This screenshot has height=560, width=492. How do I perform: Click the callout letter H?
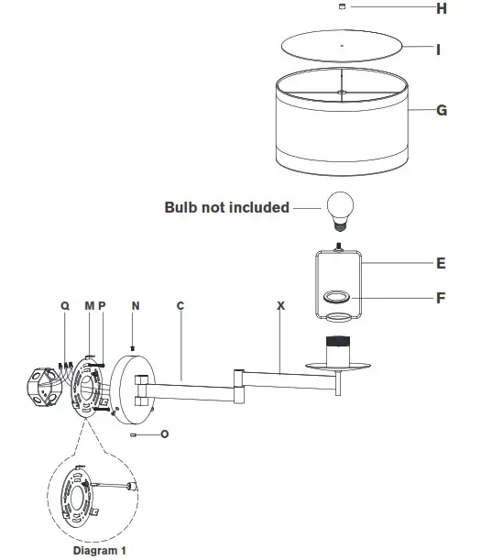pyautogui.click(x=441, y=9)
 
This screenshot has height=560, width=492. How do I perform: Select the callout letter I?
pyautogui.click(x=439, y=49)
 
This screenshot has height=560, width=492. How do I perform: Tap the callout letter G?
pyautogui.click(x=441, y=110)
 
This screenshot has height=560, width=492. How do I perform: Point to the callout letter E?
pyautogui.click(x=441, y=263)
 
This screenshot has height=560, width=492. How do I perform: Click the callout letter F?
pyautogui.click(x=441, y=298)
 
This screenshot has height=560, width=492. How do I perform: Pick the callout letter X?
pyautogui.click(x=280, y=305)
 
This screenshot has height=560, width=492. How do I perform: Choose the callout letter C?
pyautogui.click(x=180, y=305)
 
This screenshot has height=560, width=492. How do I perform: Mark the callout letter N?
pyautogui.click(x=135, y=305)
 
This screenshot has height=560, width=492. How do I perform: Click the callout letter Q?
pyautogui.click(x=64, y=305)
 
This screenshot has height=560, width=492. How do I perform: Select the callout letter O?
pyautogui.click(x=164, y=434)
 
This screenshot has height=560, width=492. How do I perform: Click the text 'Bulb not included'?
pyautogui.click(x=226, y=207)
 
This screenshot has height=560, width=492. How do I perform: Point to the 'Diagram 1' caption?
pyautogui.click(x=100, y=551)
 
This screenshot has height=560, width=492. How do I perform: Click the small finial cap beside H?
pyautogui.click(x=343, y=7)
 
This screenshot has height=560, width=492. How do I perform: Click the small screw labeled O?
pyautogui.click(x=134, y=434)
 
